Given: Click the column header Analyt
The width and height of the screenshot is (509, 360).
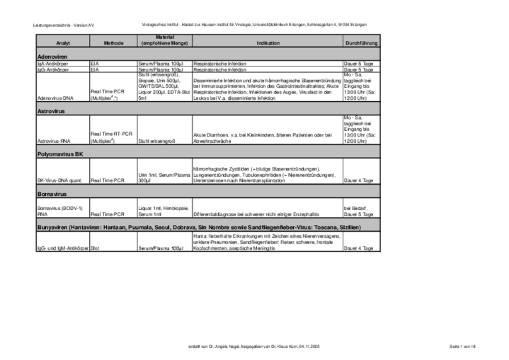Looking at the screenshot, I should click(x=62, y=43).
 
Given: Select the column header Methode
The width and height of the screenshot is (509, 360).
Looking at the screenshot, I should click(x=113, y=43).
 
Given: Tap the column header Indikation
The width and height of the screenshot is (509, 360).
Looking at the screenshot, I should click(x=268, y=43).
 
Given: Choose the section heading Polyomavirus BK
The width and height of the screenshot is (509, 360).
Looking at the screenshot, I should click(x=60, y=153).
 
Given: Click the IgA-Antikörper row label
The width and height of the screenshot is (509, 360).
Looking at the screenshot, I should click(x=52, y=64).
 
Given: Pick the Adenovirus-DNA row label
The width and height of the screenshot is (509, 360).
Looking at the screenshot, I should click(x=55, y=98).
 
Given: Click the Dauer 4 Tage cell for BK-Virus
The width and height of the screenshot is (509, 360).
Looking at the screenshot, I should click(x=358, y=180).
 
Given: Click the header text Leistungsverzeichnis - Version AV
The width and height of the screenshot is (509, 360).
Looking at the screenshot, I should click(x=64, y=25).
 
